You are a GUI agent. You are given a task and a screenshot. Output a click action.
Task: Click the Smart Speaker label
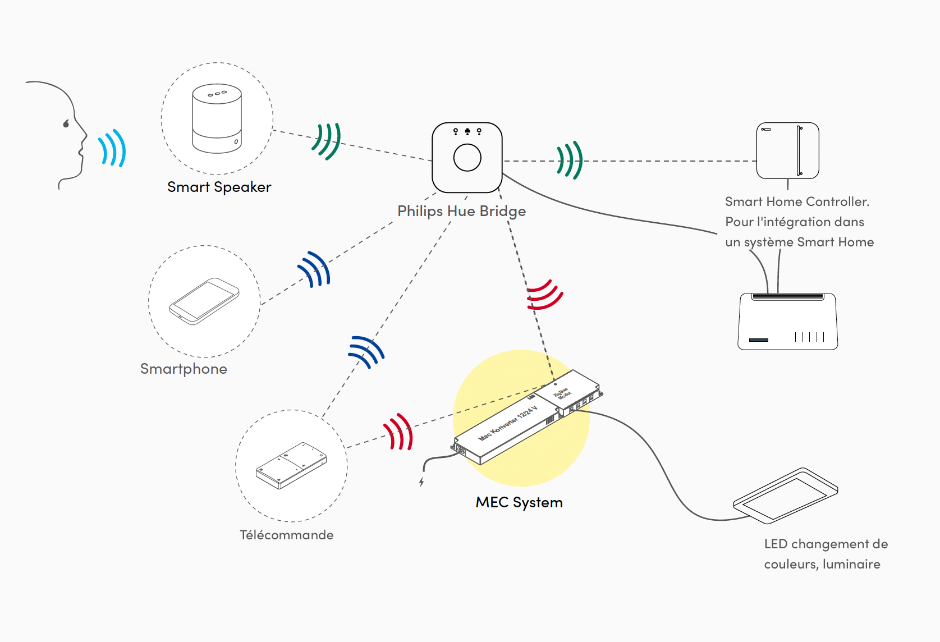[x=219, y=187]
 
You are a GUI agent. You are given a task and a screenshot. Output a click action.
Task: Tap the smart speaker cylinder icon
[x=217, y=119]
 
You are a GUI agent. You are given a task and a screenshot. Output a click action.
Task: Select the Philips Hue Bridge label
[x=461, y=212]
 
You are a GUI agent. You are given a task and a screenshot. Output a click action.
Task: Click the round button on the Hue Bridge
[x=467, y=158]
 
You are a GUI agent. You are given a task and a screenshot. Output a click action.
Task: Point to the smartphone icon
[x=204, y=301]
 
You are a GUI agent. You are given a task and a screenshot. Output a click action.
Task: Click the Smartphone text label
[x=184, y=369]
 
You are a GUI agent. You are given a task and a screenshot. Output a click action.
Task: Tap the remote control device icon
[x=291, y=465]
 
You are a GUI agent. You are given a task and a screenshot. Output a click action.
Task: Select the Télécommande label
[x=286, y=535]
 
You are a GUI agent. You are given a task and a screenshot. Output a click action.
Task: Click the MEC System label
[x=519, y=503]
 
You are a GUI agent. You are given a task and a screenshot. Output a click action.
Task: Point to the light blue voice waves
[x=112, y=149]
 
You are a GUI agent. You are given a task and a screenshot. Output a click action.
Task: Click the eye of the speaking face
[x=66, y=123]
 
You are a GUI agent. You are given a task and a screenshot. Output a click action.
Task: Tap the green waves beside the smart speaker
[x=327, y=141]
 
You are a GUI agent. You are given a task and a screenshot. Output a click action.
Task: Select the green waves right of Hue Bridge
[x=570, y=160]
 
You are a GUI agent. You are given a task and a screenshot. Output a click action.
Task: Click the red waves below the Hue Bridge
[x=544, y=295]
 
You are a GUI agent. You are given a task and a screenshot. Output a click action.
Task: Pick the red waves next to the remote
[x=398, y=433]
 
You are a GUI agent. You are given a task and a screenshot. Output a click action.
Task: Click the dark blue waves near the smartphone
[x=315, y=269]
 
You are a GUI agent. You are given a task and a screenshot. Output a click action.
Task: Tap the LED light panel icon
[x=786, y=496]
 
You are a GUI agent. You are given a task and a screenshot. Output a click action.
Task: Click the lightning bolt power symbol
[x=421, y=481]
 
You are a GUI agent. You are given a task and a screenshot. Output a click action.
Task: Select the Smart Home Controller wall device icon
[x=787, y=151]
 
